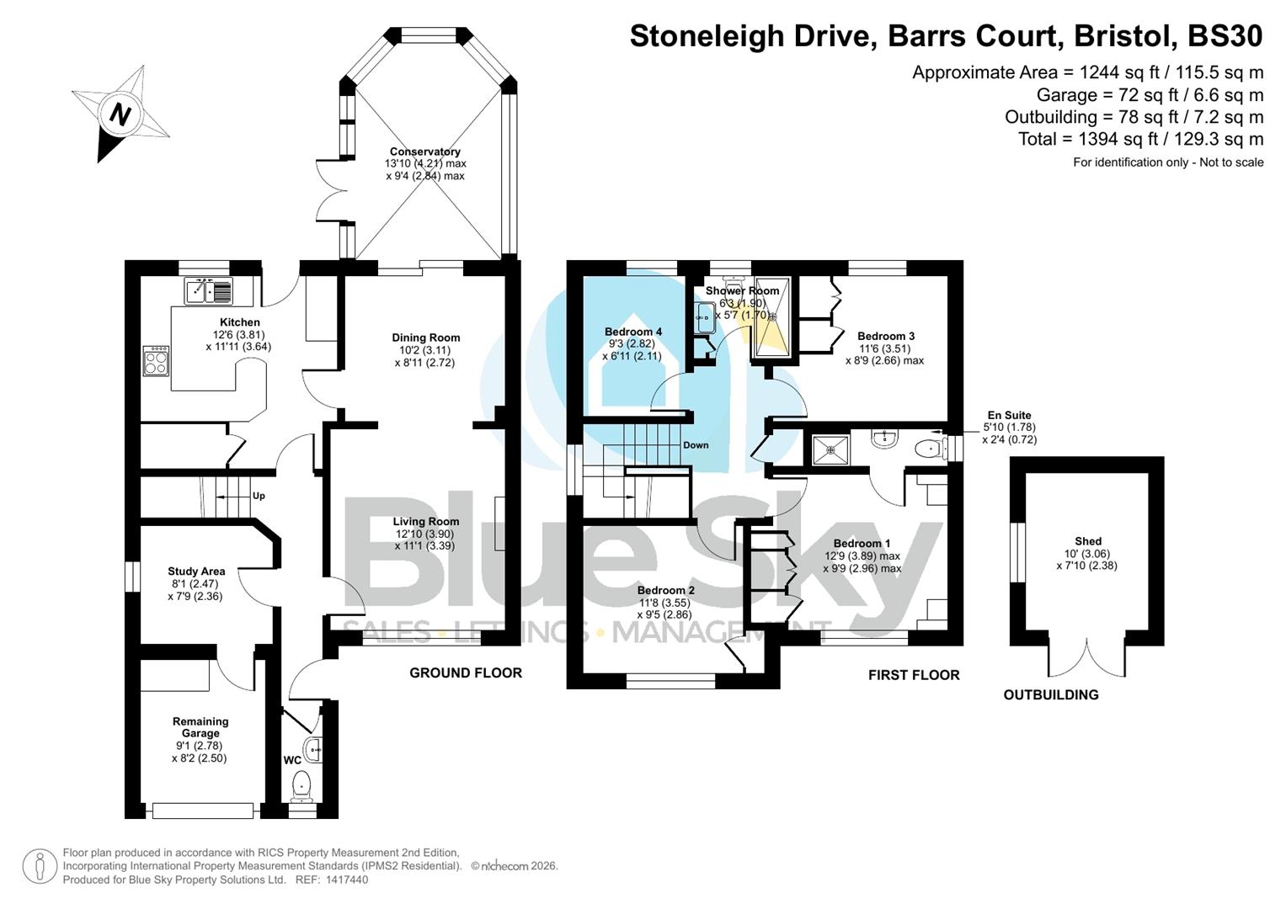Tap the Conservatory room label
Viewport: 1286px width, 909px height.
pos(424,151)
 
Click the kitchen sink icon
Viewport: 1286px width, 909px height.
pos(208,291)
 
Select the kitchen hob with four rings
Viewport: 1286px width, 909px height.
pos(156,361)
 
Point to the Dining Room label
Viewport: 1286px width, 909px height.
pos(426,338)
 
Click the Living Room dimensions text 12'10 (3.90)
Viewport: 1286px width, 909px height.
pos(425,534)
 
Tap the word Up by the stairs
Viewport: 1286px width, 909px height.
pos(259,496)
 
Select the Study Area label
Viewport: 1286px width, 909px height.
pos(196,571)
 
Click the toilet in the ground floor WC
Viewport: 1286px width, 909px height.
pos(301,786)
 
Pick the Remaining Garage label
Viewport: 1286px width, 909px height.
pos(200,727)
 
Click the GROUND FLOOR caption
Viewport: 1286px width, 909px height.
pos(466,672)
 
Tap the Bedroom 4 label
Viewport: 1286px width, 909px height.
pos(633,332)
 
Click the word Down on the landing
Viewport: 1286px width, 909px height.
pos(696,445)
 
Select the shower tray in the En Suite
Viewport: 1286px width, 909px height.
pos(830,449)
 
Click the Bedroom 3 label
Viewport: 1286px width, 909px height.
pos(886,336)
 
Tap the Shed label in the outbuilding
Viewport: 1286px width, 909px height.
pos(1087,541)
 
